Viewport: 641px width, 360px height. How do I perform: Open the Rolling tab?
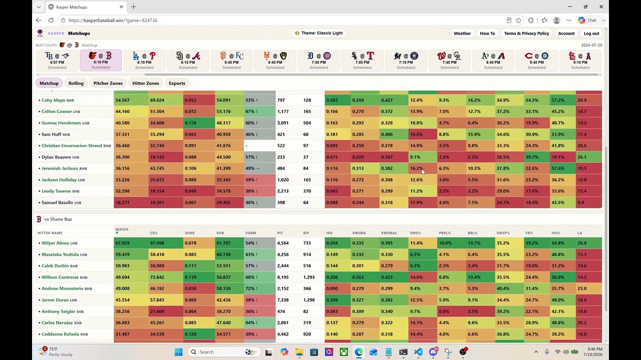(76, 83)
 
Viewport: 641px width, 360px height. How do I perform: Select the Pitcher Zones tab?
(108, 83)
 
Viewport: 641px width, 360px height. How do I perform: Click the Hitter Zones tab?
(145, 83)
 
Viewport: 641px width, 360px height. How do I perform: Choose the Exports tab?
(177, 83)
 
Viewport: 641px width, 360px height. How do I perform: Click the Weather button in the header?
(462, 33)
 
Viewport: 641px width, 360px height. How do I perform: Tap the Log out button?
(591, 33)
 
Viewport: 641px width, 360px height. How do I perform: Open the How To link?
(487, 33)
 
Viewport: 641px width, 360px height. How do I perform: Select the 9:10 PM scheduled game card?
(580, 60)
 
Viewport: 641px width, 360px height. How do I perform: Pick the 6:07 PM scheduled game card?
(57, 60)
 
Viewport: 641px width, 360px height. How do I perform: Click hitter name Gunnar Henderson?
(61, 123)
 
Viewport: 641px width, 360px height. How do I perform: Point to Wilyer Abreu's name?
(55, 243)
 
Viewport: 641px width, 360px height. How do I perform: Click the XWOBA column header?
(359, 233)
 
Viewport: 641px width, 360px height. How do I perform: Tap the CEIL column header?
(154, 233)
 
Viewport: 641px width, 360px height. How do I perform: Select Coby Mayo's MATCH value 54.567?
(123, 100)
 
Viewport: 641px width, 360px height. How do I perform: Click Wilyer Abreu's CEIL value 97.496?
(157, 243)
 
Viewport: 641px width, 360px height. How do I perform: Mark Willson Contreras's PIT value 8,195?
(283, 277)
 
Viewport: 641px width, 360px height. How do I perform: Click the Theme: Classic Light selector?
(319, 33)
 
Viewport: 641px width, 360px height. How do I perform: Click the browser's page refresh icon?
(51, 20)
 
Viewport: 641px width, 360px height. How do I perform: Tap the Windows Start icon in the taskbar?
(179, 352)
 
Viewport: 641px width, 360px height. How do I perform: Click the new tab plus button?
(133, 7)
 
